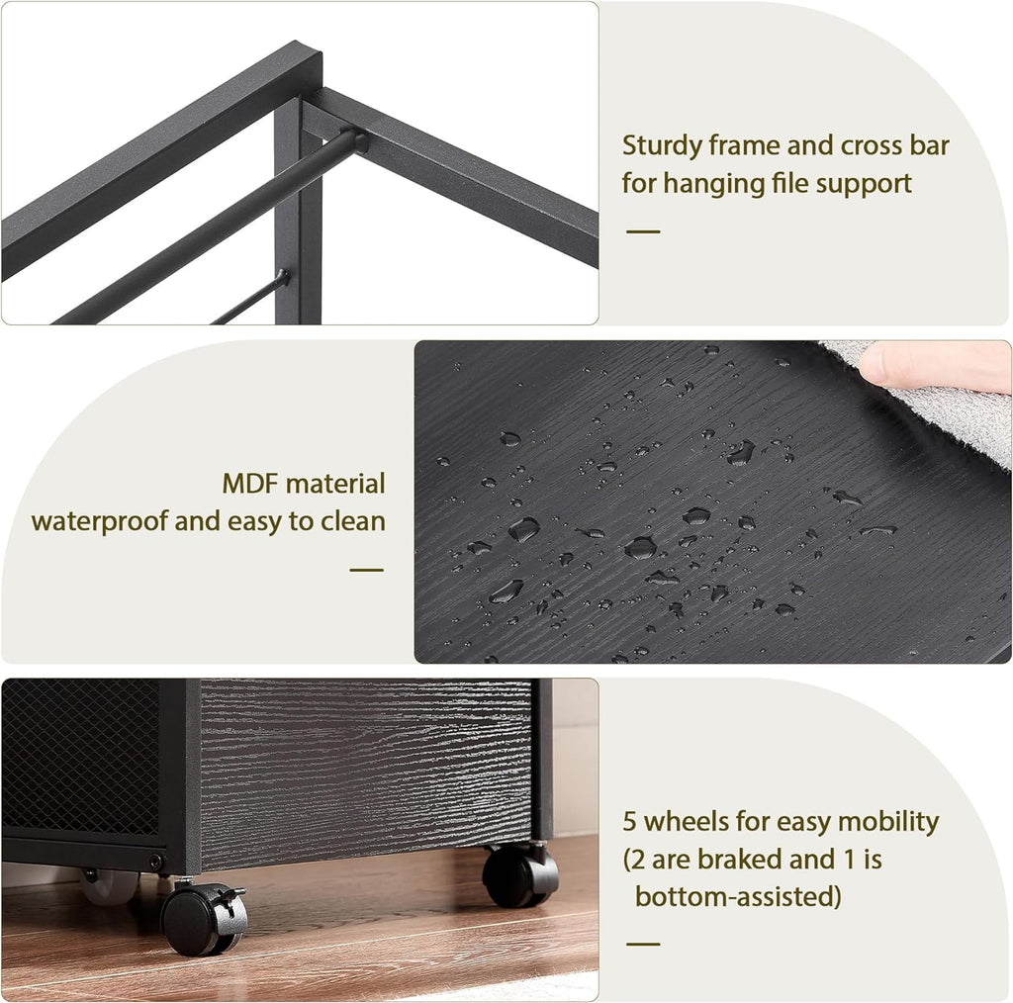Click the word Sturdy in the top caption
[662, 147]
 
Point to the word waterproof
[100, 522]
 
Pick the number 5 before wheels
[629, 822]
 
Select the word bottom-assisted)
[738, 896]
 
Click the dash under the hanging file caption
[643, 231]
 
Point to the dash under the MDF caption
[366, 570]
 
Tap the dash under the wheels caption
[643, 944]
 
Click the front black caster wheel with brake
[204, 918]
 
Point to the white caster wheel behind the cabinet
[109, 885]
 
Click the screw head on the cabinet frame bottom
[155, 861]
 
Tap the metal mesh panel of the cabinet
[81, 756]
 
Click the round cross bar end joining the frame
[354, 140]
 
